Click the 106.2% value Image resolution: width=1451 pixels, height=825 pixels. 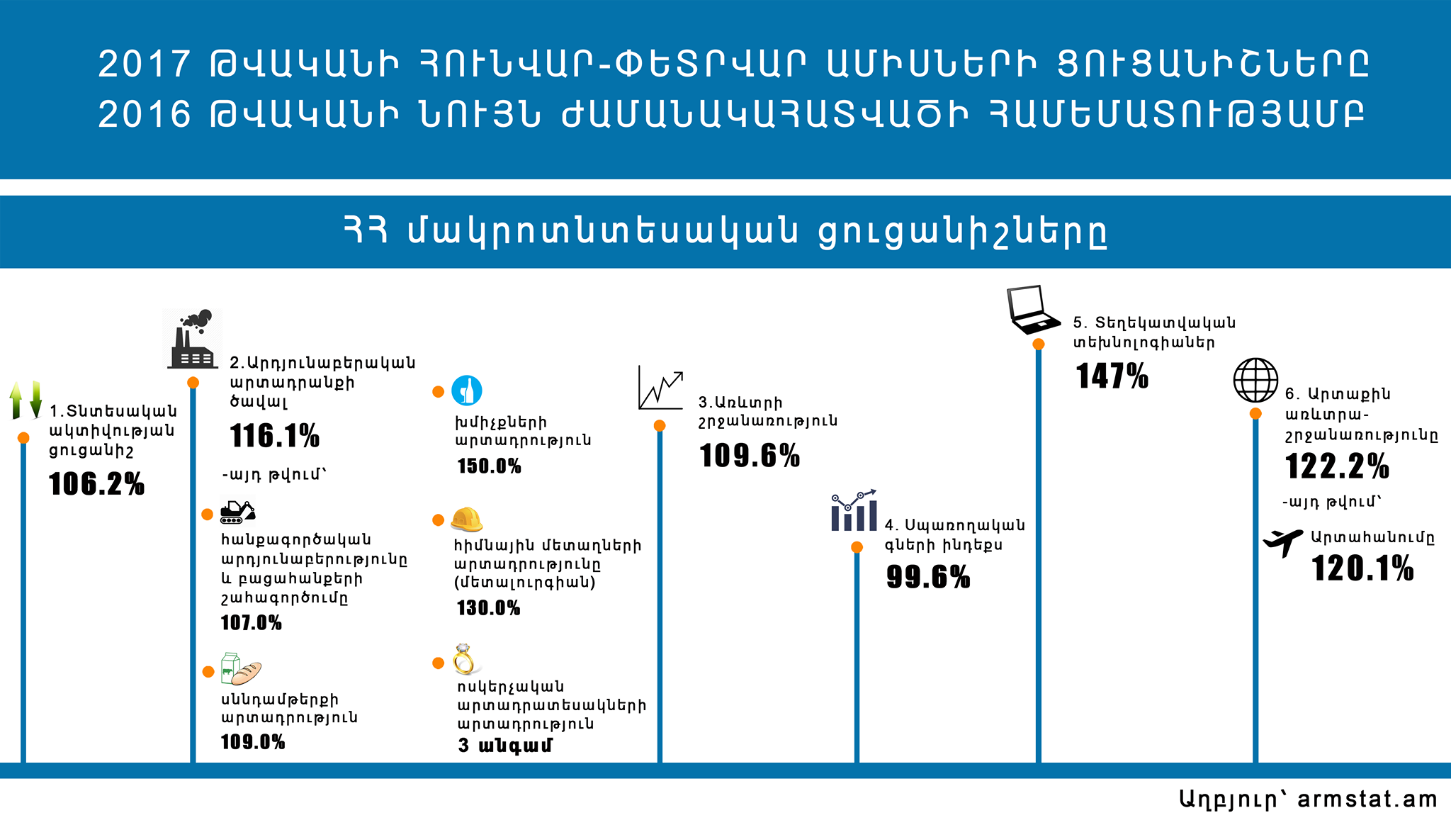click(x=96, y=484)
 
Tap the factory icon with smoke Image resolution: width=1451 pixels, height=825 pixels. click(x=192, y=339)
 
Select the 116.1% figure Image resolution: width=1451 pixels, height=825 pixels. click(x=275, y=436)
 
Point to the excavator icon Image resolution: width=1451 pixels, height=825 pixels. click(x=237, y=511)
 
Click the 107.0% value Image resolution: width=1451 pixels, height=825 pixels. click(x=252, y=623)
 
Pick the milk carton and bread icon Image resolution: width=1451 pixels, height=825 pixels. click(x=241, y=669)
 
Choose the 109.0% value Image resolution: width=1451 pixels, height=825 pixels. click(x=253, y=742)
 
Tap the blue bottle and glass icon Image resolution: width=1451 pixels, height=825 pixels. click(x=467, y=391)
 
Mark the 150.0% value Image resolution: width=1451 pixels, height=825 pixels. click(x=490, y=466)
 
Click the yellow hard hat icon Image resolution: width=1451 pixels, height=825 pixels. click(x=467, y=520)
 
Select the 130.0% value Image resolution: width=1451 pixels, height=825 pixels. click(x=489, y=608)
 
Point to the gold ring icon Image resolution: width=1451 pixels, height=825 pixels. click(x=464, y=659)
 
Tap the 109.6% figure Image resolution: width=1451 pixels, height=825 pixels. click(x=750, y=456)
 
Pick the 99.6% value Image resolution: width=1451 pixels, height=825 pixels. click(x=928, y=577)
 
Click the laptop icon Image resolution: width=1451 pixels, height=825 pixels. click(x=1034, y=310)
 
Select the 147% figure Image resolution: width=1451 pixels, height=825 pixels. click(x=1112, y=376)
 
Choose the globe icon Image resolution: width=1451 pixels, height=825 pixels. click(x=1256, y=381)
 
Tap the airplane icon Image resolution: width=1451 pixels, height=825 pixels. click(x=1283, y=543)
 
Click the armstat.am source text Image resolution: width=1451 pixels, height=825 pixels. click(x=1367, y=799)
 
